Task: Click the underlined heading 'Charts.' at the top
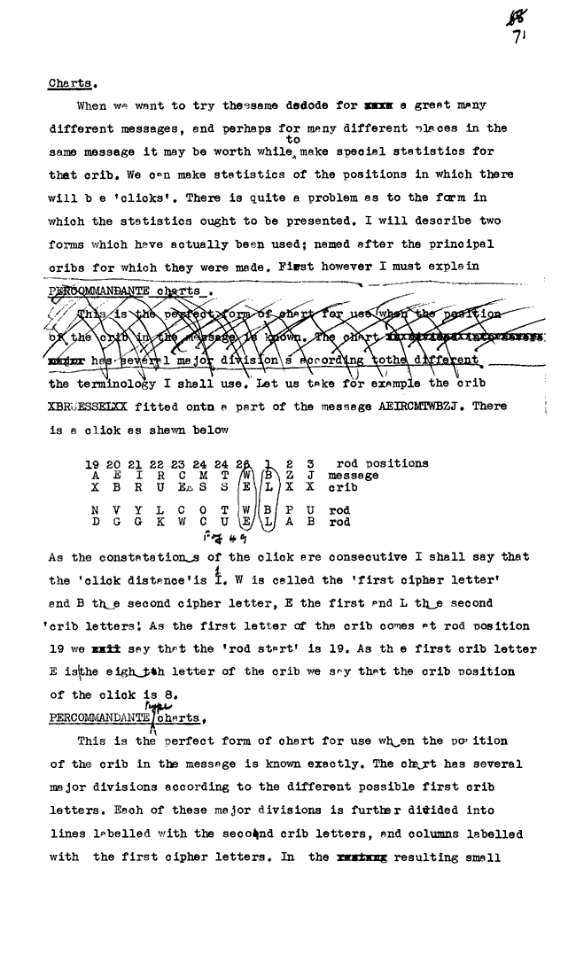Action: click(73, 85)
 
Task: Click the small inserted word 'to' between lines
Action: click(293, 140)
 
